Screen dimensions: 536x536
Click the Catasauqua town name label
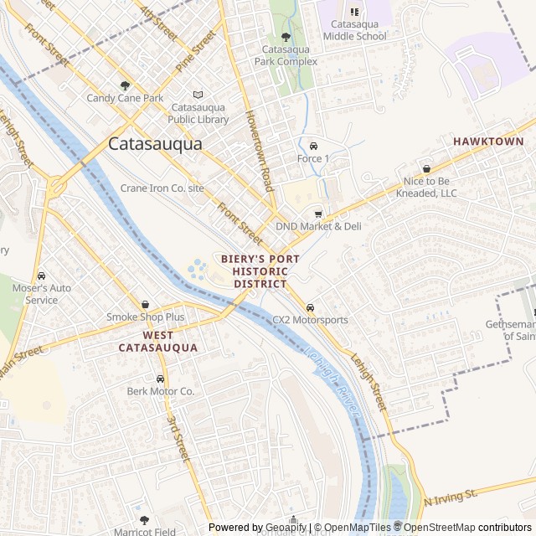coord(155,144)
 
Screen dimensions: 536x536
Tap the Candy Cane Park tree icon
coord(126,85)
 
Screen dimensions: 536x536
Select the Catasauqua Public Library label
coord(199,114)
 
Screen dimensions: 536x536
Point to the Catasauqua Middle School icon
coord(353,12)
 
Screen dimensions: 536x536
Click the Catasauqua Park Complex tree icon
coord(286,37)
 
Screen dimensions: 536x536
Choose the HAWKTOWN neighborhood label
coord(488,142)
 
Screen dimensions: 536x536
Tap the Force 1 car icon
coord(313,145)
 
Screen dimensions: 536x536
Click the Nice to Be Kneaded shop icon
coord(426,168)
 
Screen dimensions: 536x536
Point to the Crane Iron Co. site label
coord(162,188)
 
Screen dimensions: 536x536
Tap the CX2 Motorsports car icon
coord(311,307)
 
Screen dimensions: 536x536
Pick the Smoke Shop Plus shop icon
coord(146,305)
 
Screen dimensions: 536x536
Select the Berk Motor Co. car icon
coord(160,379)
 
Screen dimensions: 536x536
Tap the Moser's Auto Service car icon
coord(41,276)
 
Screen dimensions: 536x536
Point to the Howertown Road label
coord(259,151)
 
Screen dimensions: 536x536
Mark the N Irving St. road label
coord(450,498)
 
